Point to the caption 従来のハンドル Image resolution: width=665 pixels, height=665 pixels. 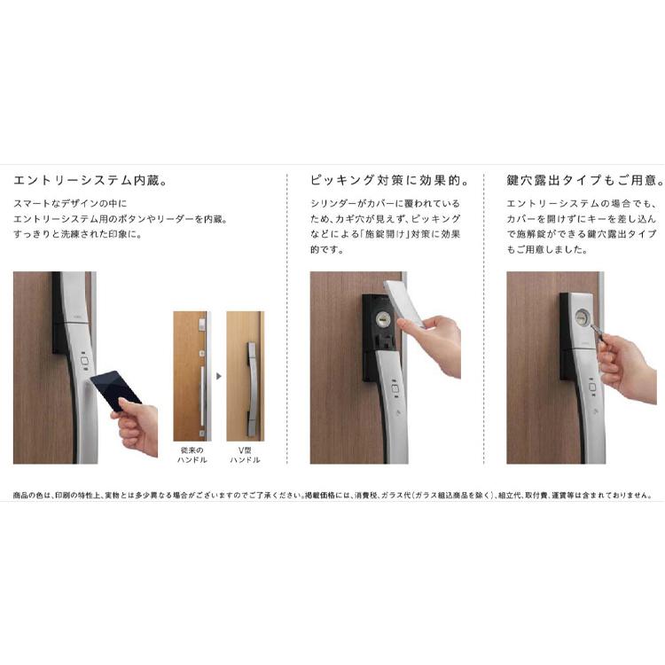click(x=192, y=455)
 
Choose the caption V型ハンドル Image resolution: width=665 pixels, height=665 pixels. click(x=245, y=455)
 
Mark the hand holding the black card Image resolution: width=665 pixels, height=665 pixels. click(x=137, y=424)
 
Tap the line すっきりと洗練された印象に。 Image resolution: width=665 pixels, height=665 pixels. click(x=77, y=234)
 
